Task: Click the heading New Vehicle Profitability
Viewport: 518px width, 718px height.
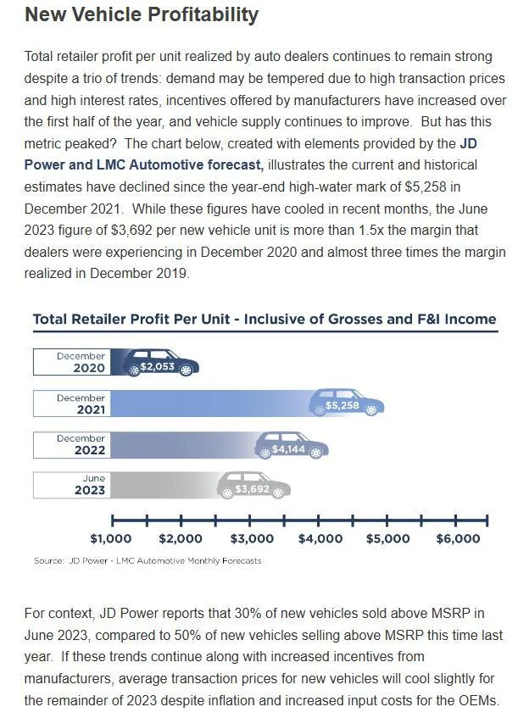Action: coord(142,14)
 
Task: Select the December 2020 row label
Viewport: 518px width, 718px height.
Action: coord(81,362)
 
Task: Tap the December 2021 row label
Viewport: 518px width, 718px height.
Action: coord(81,404)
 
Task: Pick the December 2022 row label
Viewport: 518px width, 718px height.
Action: coord(81,444)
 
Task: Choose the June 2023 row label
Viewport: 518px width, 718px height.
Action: coord(90,484)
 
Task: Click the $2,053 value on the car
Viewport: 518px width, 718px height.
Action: coord(157,366)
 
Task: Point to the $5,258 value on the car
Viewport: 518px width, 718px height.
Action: coord(343,405)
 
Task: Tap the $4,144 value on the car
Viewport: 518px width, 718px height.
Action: coord(288,449)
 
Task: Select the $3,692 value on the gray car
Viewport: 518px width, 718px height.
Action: coord(252,489)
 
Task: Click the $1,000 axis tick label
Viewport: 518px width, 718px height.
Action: coord(111,538)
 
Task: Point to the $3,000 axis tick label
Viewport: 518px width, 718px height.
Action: coord(252,538)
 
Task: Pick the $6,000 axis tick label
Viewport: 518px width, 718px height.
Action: coord(458,538)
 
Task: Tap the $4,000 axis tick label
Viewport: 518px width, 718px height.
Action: coord(320,538)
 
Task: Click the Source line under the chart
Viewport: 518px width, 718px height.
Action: coord(148,561)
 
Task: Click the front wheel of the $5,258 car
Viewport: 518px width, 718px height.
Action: coord(371,409)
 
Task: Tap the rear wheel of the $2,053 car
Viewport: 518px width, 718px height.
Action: coord(134,370)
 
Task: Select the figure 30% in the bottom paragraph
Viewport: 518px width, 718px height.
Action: coord(243,613)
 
